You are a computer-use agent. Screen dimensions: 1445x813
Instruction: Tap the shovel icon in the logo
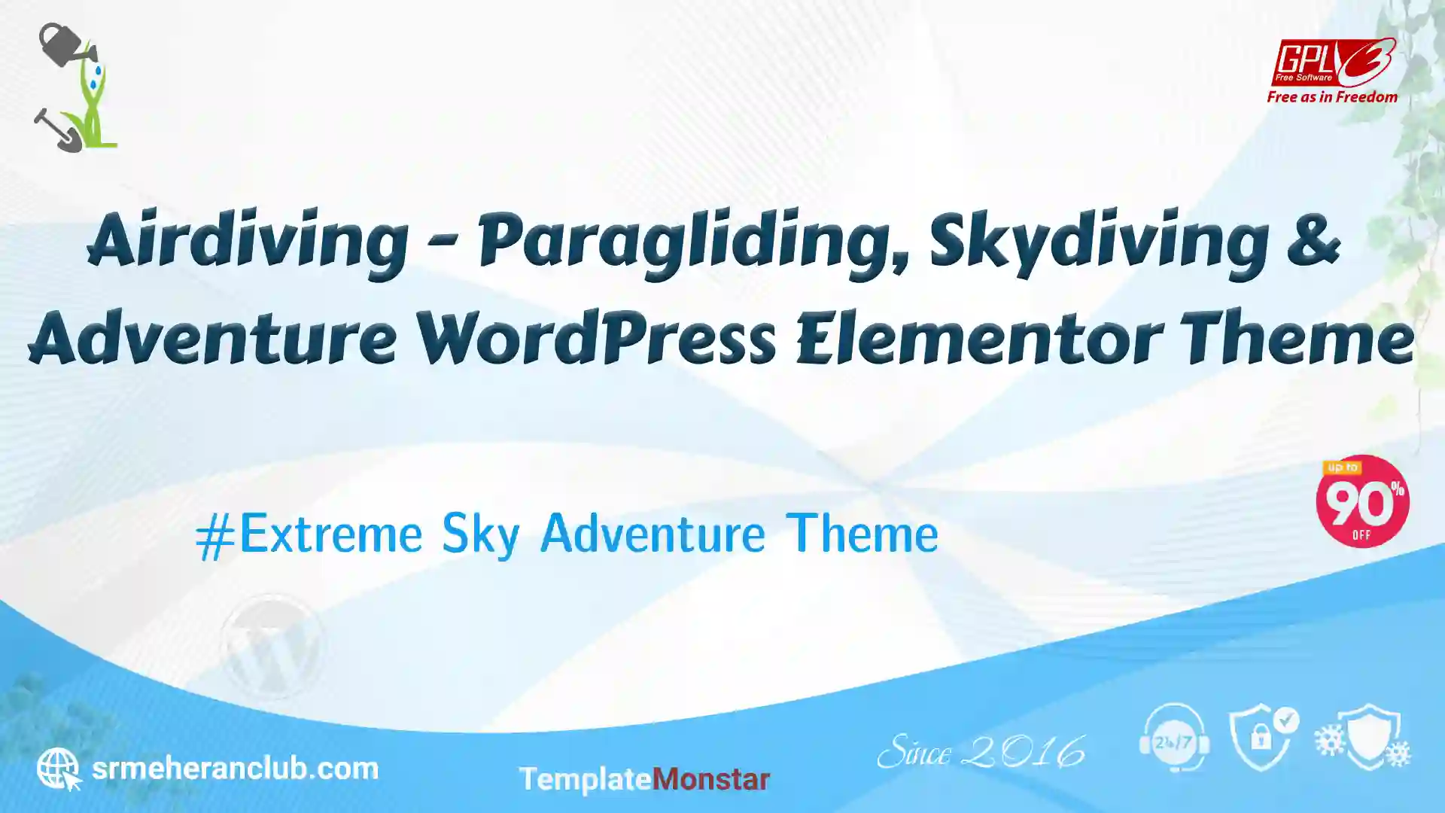pyautogui.click(x=57, y=130)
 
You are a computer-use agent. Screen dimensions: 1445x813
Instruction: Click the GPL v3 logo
pyautogui.click(x=1333, y=63)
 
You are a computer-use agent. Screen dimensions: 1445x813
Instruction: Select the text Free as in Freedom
pyautogui.click(x=1332, y=97)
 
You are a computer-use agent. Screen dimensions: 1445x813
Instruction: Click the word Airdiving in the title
pyautogui.click(x=248, y=242)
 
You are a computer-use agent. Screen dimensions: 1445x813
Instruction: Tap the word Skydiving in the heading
pyautogui.click(x=1099, y=242)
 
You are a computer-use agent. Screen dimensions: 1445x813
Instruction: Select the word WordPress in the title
pyautogui.click(x=596, y=336)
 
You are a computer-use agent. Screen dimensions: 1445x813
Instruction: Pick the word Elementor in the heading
pyautogui.click(x=978, y=336)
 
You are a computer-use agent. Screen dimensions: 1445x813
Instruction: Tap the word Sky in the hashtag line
pyautogui.click(x=480, y=534)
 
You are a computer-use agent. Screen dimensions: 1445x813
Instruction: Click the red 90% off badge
pyautogui.click(x=1362, y=501)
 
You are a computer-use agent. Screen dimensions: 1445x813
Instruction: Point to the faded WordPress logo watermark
pyautogui.click(x=272, y=646)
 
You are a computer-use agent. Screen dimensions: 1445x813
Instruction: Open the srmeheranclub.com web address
pyautogui.click(x=235, y=769)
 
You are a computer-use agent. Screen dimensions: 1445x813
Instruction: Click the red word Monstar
pyautogui.click(x=710, y=779)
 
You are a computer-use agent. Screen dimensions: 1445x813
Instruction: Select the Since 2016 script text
pyautogui.click(x=981, y=751)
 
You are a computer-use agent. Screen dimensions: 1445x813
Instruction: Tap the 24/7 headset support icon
pyautogui.click(x=1174, y=738)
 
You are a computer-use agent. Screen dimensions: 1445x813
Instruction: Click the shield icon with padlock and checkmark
pyautogui.click(x=1264, y=738)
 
